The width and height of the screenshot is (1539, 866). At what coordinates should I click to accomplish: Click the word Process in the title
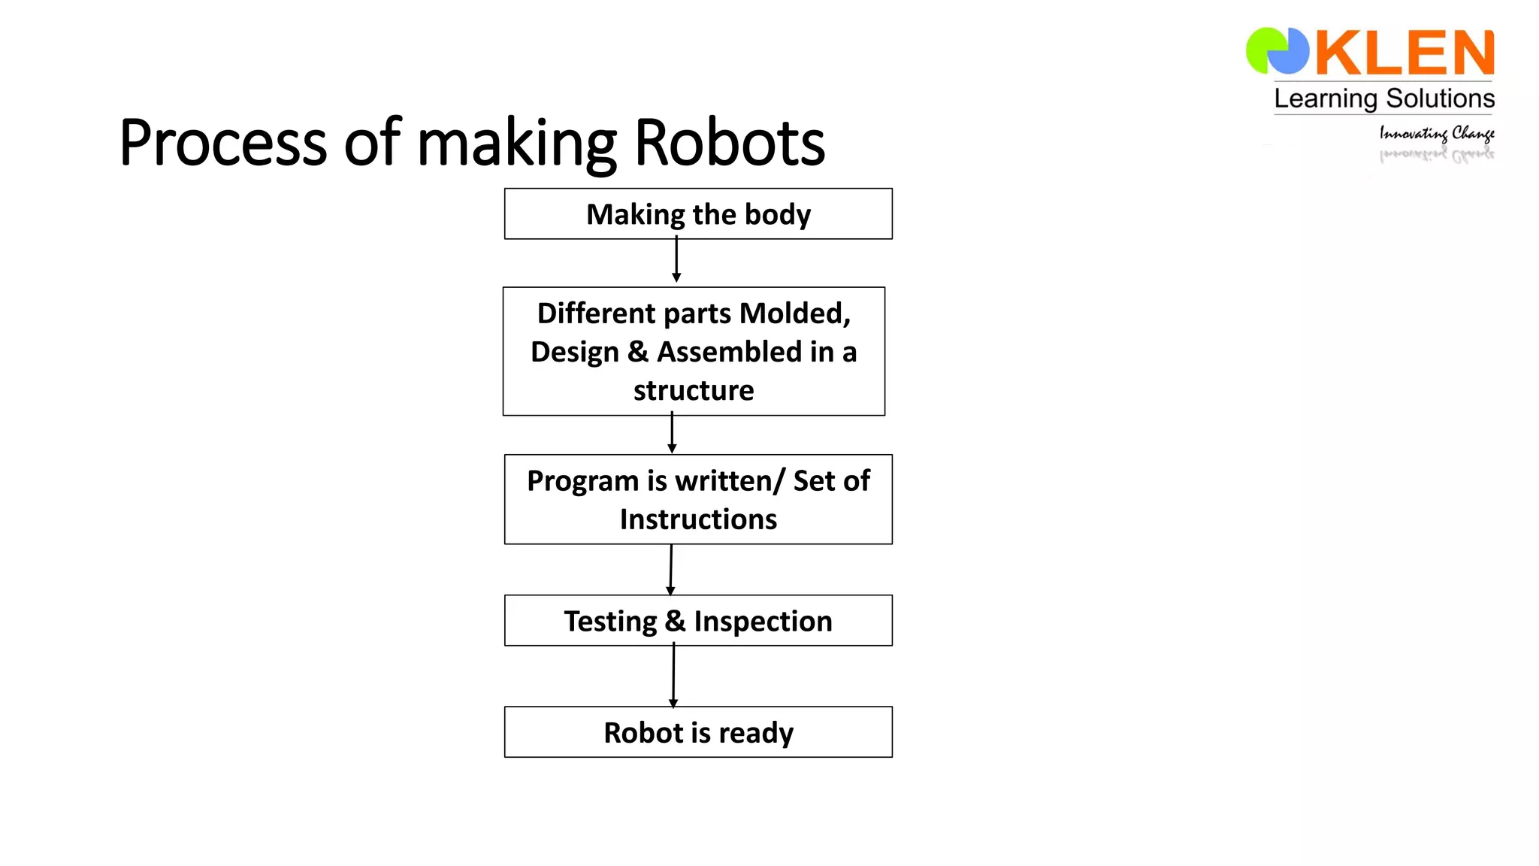click(x=222, y=143)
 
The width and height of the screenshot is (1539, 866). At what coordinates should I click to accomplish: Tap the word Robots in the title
click(x=729, y=143)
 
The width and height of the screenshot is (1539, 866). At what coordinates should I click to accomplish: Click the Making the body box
click(x=698, y=214)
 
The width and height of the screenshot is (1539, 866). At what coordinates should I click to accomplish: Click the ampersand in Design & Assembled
click(x=638, y=352)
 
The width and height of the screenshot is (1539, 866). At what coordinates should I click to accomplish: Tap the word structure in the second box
click(x=693, y=391)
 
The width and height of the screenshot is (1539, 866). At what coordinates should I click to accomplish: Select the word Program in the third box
click(x=582, y=481)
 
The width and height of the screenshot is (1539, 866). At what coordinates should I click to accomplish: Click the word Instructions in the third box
click(x=698, y=519)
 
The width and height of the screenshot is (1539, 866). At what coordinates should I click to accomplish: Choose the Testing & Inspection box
click(x=698, y=621)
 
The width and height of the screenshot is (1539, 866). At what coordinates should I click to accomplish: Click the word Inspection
click(x=763, y=622)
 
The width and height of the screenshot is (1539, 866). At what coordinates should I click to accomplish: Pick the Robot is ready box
click(x=698, y=732)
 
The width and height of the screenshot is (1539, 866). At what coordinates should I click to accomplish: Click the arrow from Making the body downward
click(x=676, y=260)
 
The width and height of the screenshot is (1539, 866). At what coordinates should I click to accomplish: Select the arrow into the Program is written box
click(x=672, y=434)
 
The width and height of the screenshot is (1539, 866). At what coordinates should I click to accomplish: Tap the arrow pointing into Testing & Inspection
click(x=671, y=570)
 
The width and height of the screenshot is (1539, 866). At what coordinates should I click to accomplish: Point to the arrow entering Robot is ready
click(x=673, y=675)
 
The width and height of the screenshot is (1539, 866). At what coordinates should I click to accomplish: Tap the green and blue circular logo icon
click(x=1277, y=51)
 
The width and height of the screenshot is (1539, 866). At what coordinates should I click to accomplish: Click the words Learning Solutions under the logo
click(x=1384, y=98)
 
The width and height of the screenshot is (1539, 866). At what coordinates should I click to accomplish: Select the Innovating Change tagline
click(x=1436, y=134)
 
